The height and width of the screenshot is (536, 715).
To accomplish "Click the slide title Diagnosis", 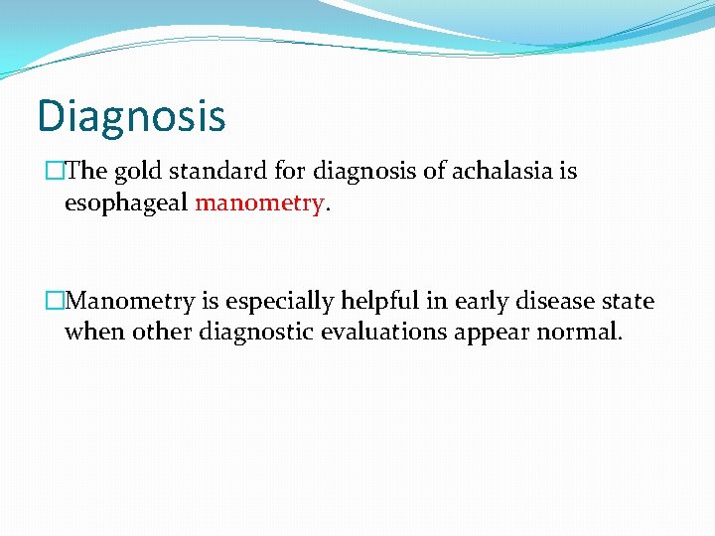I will pyautogui.click(x=131, y=116).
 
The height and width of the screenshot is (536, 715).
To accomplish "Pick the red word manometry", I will pyautogui.click(x=259, y=203).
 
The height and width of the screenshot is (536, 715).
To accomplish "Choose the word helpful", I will pyautogui.click(x=377, y=300).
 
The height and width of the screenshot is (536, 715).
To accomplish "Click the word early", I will pyautogui.click(x=480, y=300).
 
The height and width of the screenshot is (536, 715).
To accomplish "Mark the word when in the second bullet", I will pyautogui.click(x=89, y=332).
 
